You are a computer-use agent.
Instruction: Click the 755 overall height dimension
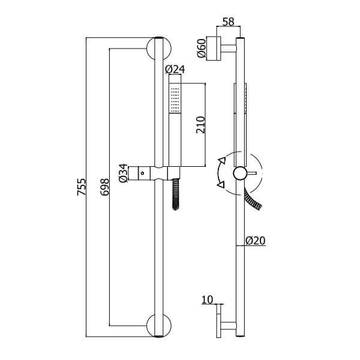tap(82, 187)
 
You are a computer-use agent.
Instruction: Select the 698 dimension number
tap(104, 187)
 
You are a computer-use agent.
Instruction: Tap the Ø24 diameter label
tap(175, 70)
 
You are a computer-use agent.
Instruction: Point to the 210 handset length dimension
tap(200, 125)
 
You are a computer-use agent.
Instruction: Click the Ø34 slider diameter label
tap(123, 173)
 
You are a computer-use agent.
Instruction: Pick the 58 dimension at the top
tap(229, 22)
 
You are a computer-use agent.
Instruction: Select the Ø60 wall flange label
tap(202, 48)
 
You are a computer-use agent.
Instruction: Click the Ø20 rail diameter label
tap(256, 241)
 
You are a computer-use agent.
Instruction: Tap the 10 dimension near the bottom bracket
tap(208, 299)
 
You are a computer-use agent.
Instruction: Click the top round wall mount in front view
tap(159, 48)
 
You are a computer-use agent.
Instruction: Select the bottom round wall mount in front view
tap(159, 326)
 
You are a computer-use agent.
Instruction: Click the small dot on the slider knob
tap(143, 173)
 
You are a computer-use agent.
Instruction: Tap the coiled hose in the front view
tap(176, 194)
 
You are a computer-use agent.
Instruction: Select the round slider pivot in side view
tap(240, 173)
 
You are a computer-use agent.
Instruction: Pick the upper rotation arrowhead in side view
tap(222, 160)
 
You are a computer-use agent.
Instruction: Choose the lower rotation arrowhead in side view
tap(221, 185)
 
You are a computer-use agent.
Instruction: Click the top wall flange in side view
tap(214, 49)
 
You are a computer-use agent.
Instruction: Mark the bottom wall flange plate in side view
tap(219, 321)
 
